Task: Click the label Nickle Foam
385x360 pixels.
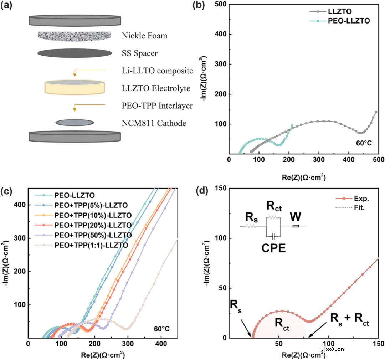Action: coord(144,36)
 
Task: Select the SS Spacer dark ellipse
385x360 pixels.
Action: coord(75,53)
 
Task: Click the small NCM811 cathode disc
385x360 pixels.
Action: coord(75,123)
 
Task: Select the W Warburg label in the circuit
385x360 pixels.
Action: coord(294,216)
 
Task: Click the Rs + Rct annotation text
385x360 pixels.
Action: coord(349,320)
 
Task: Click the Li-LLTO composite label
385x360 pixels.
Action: coord(157,71)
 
